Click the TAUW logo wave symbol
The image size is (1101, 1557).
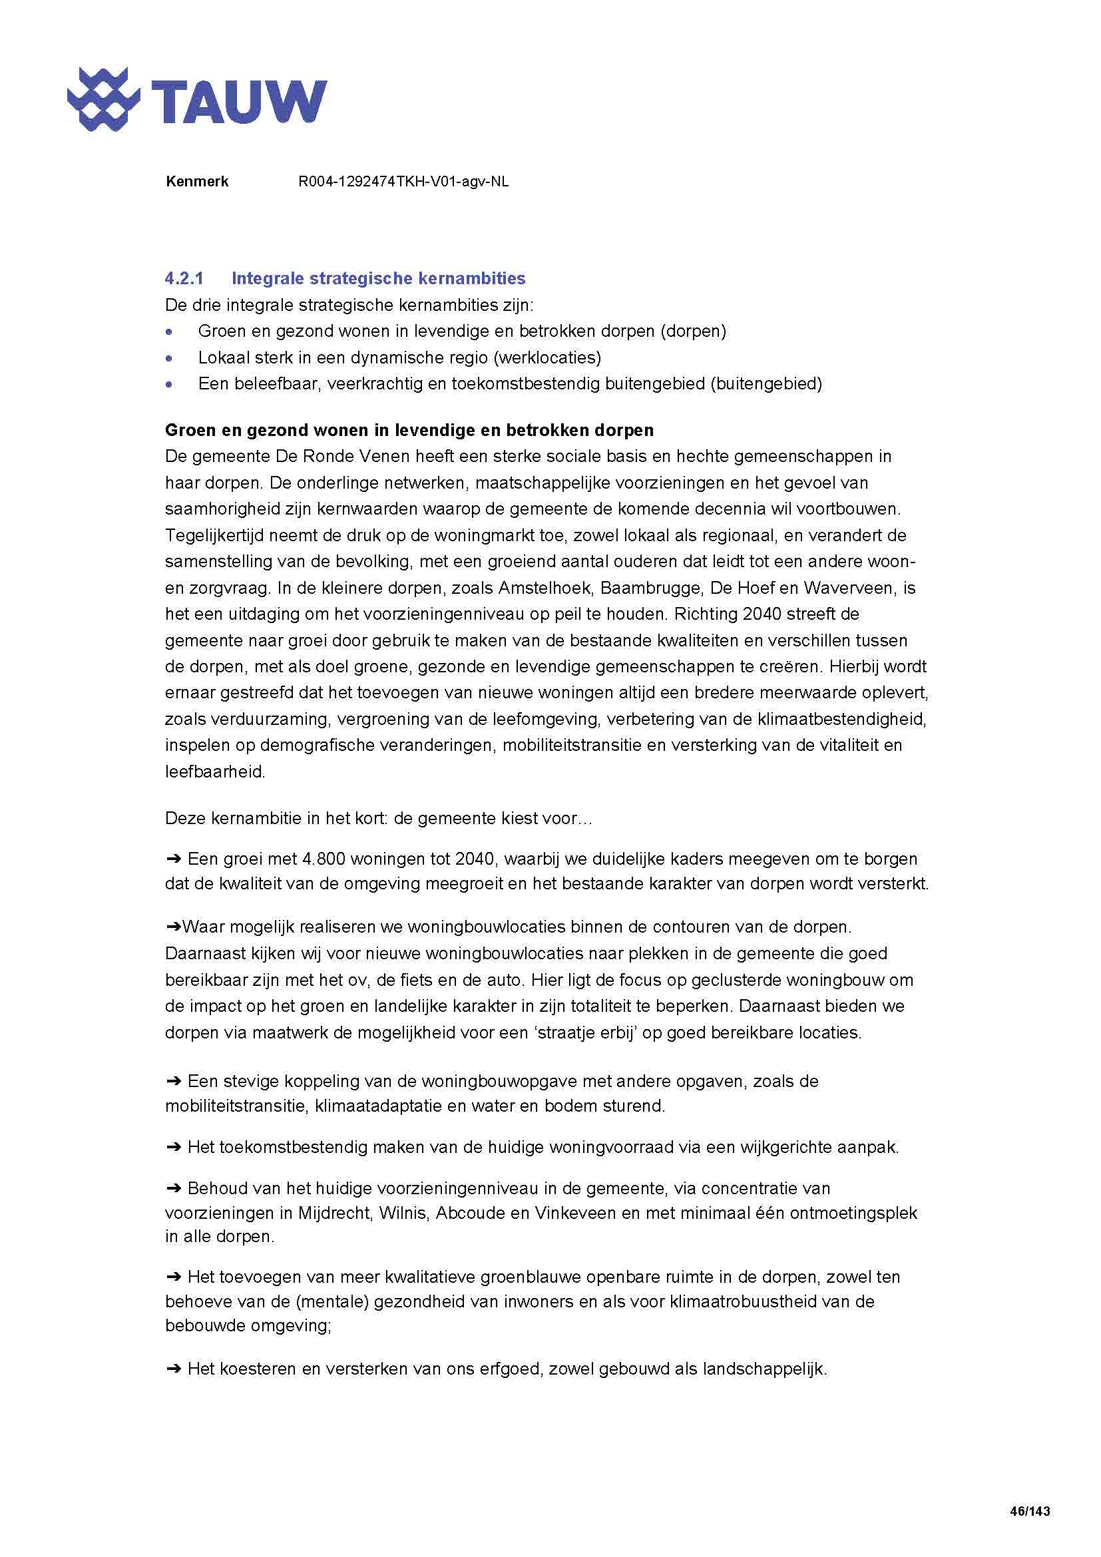click(x=103, y=99)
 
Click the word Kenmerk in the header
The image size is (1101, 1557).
click(x=196, y=182)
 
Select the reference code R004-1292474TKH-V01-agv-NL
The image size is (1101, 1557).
click(x=403, y=182)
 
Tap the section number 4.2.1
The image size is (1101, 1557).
click(x=184, y=279)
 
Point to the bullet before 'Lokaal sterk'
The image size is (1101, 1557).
click(x=170, y=358)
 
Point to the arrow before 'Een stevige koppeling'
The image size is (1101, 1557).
click(x=174, y=1081)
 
